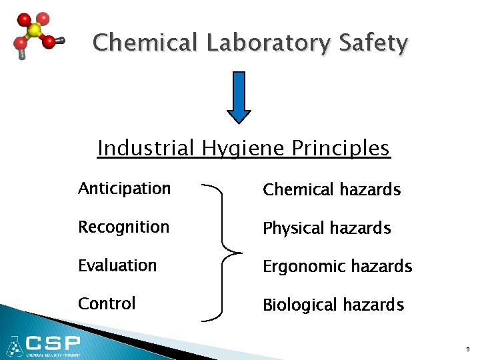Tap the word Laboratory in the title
pos(268,44)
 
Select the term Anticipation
pos(125,189)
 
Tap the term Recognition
pos(124,227)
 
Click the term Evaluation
pos(117,265)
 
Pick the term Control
pos(107,303)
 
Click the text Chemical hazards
pos(331,190)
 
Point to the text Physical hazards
pos(327,229)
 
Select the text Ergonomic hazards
pos(337,267)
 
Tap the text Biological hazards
pos(333,305)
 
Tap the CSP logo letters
pos(53,344)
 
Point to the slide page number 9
pos(467,349)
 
